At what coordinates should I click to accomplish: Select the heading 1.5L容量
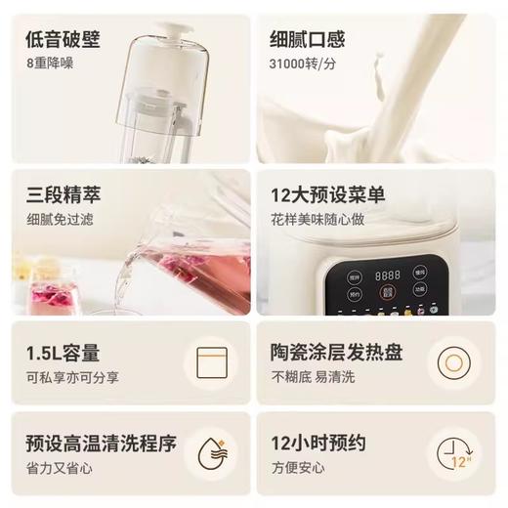pyautogui.click(x=63, y=353)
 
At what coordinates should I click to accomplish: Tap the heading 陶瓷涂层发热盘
pyautogui.click(x=336, y=353)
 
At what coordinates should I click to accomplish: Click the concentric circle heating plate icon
pyautogui.click(x=454, y=364)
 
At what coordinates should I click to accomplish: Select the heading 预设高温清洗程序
pyautogui.click(x=101, y=444)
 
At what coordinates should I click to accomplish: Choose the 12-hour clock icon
pyautogui.click(x=454, y=456)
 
